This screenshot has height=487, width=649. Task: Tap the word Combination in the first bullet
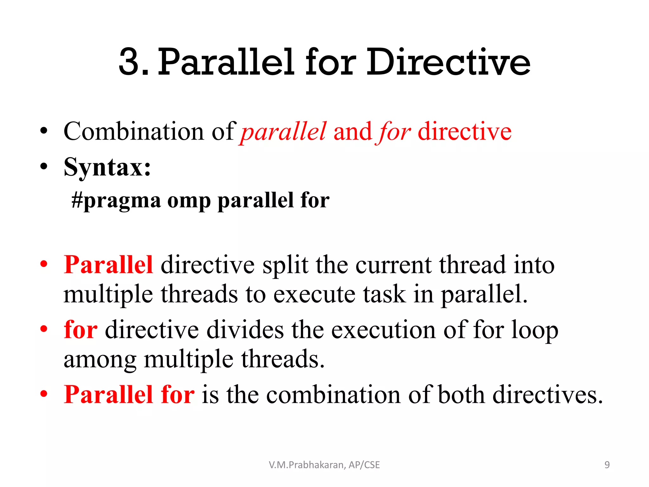click(133, 132)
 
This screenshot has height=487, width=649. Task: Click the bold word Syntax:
click(107, 167)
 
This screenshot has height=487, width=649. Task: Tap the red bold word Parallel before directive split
click(108, 264)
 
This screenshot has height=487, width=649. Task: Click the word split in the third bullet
click(285, 265)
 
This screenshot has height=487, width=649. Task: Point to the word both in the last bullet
click(461, 395)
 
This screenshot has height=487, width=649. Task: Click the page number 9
click(607, 465)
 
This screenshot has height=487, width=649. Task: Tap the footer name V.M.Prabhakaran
click(307, 465)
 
